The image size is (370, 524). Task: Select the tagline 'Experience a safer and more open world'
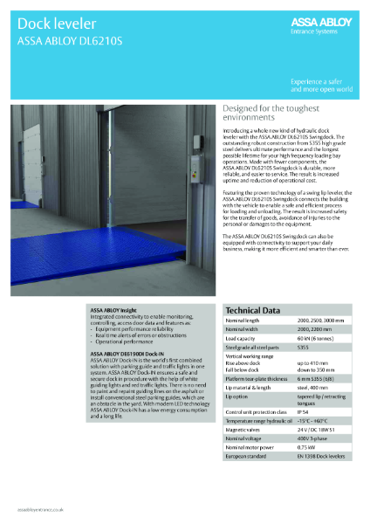pyautogui.click(x=322, y=86)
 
